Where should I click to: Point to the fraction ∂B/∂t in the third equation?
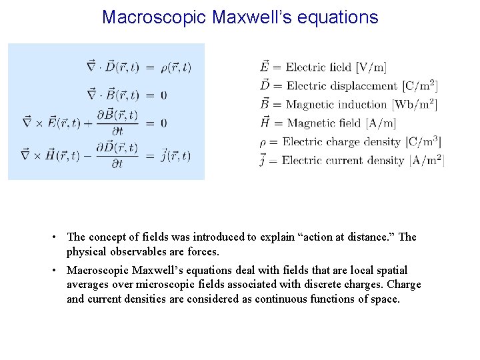[117, 123]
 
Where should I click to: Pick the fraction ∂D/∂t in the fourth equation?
[117, 155]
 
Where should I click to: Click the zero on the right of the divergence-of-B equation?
[163, 95]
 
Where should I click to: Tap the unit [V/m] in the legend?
[371, 67]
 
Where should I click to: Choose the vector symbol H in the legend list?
[265, 122]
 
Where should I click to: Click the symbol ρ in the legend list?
[263, 141]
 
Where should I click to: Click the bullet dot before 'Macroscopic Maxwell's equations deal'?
[59, 271]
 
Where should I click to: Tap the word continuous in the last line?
[257, 299]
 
